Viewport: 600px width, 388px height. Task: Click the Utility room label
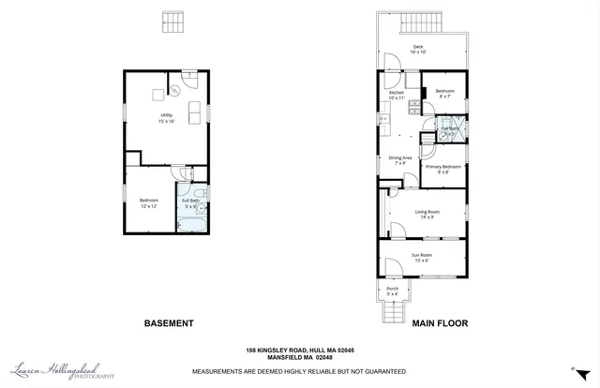click(165, 118)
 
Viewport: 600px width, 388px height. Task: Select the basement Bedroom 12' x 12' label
click(149, 202)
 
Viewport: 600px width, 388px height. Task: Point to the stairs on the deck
click(422, 22)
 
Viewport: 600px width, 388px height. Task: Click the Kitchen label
click(397, 96)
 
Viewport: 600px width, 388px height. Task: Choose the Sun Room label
click(422, 257)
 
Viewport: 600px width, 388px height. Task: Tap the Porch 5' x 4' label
click(393, 291)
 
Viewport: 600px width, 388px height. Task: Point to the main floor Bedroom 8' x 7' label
click(444, 94)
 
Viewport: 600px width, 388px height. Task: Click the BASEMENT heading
click(168, 323)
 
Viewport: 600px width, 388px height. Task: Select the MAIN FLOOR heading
click(440, 323)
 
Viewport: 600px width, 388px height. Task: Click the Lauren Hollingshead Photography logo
click(64, 371)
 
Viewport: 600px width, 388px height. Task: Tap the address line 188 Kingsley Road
click(299, 350)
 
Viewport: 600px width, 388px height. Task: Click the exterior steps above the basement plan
click(170, 21)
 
